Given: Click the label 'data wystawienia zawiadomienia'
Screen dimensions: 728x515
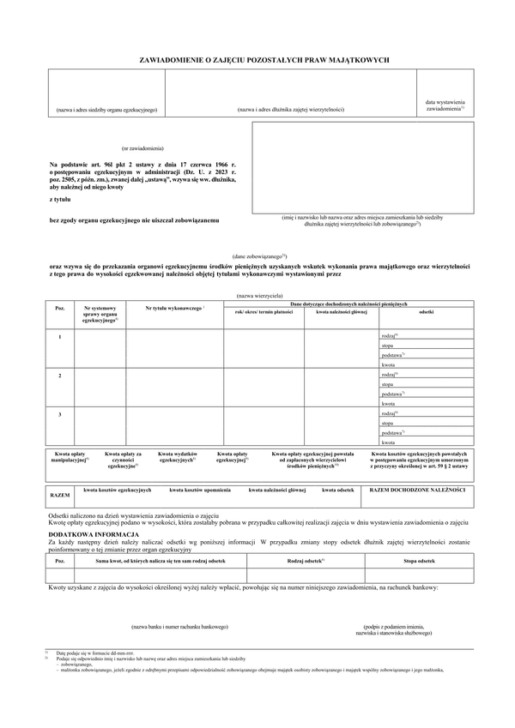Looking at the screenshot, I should point(445,105).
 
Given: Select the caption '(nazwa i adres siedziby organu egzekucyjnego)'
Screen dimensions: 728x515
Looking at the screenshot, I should point(106,110).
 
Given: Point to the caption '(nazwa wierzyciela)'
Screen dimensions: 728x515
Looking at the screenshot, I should point(257,294).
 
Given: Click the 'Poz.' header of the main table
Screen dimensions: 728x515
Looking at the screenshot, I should point(59,307).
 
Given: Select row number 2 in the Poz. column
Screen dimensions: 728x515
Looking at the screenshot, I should point(59,376).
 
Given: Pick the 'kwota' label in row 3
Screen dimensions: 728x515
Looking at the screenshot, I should point(388,442).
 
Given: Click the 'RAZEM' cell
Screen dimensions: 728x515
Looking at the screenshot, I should point(59,496).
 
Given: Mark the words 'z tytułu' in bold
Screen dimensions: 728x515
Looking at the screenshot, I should point(61,198).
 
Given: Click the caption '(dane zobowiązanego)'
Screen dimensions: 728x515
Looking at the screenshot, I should point(259,256).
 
